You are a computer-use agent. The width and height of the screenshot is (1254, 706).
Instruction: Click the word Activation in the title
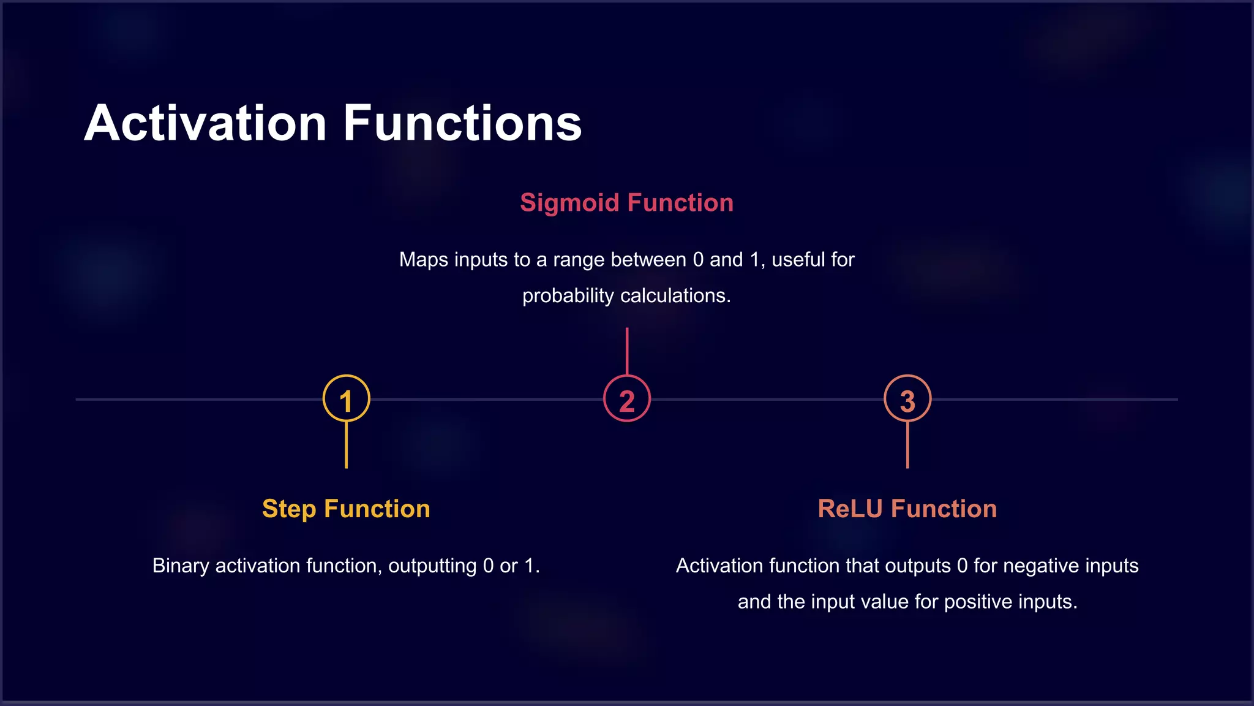tap(205, 124)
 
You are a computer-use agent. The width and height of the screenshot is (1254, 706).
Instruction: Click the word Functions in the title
tap(462, 124)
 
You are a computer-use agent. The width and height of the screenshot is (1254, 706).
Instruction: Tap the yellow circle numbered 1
tap(347, 398)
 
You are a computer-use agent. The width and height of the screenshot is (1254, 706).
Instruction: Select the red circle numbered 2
tap(626, 398)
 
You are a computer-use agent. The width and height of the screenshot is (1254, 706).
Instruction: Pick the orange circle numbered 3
tap(907, 398)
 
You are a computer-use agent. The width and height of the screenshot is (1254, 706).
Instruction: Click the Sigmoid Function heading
tap(626, 203)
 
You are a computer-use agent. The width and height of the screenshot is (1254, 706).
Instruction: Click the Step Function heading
tap(346, 509)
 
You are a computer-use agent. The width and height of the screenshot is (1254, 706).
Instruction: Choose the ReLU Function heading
tap(907, 509)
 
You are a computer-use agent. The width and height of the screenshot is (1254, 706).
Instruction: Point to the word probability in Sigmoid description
tap(568, 296)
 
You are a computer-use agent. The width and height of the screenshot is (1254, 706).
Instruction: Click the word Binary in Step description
tap(181, 565)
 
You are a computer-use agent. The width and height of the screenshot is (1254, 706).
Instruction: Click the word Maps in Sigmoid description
tap(422, 259)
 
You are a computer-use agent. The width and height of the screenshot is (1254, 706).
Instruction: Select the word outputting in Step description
tap(432, 565)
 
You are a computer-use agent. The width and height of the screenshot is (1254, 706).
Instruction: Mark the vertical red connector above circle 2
tap(627, 351)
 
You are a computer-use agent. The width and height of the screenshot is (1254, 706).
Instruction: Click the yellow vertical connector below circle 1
tap(347, 446)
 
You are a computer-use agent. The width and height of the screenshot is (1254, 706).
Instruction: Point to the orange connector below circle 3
tap(907, 446)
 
